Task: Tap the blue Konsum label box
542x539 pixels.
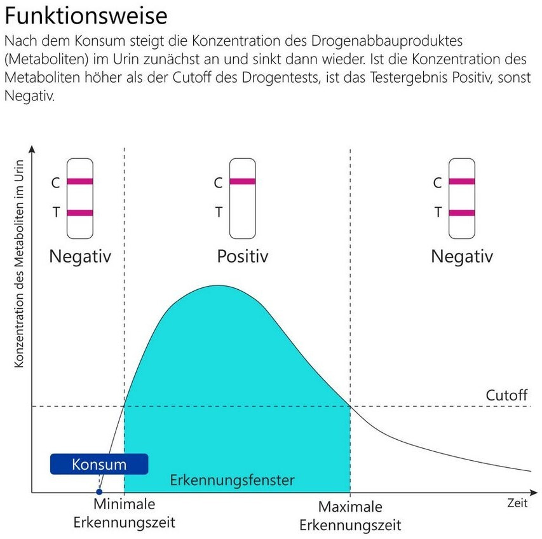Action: tap(99, 464)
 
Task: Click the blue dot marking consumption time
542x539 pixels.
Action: tap(98, 491)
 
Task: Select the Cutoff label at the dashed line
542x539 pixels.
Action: tap(506, 395)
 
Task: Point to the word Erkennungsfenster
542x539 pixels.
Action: tap(232, 480)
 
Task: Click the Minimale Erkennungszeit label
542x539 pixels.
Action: tap(125, 514)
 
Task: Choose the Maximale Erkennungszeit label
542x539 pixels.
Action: tap(350, 516)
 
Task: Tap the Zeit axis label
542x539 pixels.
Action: tap(517, 503)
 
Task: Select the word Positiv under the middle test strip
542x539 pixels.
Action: tap(243, 257)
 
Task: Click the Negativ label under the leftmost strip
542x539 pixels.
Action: tap(80, 257)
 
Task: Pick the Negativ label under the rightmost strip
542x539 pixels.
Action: tap(462, 257)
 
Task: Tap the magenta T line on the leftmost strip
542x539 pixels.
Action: tap(80, 213)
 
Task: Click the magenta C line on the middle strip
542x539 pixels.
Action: tap(242, 182)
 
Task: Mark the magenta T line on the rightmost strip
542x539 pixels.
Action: tap(462, 213)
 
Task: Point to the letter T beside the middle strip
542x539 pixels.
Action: tap(219, 212)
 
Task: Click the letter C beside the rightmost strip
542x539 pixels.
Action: tap(437, 183)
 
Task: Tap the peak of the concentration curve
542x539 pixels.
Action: tap(218, 286)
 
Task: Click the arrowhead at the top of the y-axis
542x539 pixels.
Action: tap(32, 149)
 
